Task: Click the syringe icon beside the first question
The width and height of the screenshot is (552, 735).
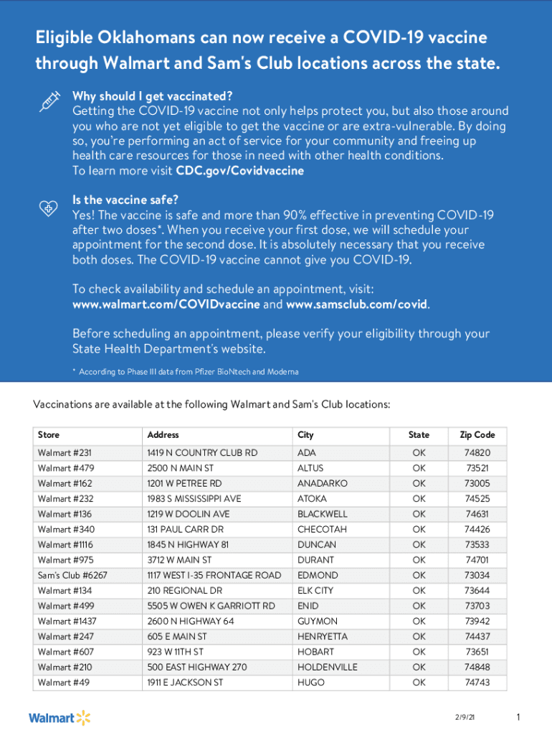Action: pyautogui.click(x=48, y=102)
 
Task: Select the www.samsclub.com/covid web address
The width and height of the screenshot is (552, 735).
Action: pyautogui.click(x=357, y=304)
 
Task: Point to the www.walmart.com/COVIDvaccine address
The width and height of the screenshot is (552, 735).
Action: pyautogui.click(x=166, y=304)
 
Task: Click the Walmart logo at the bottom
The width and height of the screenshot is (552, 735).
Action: pyautogui.click(x=60, y=718)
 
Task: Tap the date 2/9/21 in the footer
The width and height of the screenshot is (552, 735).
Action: pyautogui.click(x=464, y=718)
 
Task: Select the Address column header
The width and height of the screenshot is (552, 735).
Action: pyautogui.click(x=163, y=435)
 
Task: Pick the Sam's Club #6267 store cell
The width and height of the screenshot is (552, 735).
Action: pyautogui.click(x=72, y=575)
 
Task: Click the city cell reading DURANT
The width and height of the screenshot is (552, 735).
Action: pyautogui.click(x=315, y=560)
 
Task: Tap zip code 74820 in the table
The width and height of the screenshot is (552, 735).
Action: pyautogui.click(x=477, y=453)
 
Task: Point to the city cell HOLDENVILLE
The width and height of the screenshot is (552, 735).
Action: pyautogui.click(x=327, y=667)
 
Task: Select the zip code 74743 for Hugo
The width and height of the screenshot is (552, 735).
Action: pyautogui.click(x=477, y=683)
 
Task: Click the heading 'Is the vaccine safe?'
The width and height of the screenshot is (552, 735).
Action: pyautogui.click(x=125, y=200)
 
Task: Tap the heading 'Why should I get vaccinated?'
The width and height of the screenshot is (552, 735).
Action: pyautogui.click(x=153, y=96)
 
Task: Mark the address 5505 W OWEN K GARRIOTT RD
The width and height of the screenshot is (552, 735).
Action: pyautogui.click(x=211, y=606)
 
